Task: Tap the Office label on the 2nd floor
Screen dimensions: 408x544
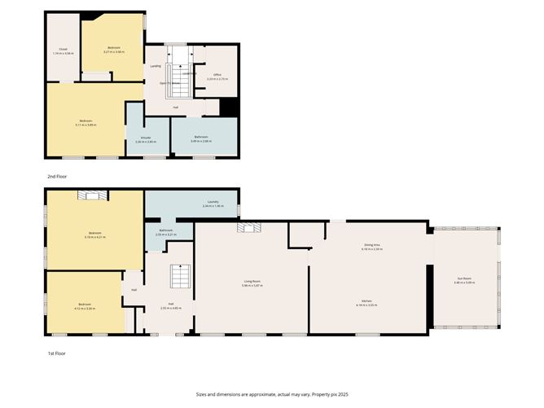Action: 217,77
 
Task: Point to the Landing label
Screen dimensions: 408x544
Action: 155,66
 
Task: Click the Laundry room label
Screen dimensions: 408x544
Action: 213,204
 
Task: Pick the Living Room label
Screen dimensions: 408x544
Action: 251,283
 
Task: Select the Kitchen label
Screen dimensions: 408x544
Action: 367,301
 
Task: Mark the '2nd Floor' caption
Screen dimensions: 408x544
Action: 57,176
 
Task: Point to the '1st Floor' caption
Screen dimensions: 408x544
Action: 56,353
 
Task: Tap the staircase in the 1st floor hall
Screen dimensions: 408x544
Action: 179,279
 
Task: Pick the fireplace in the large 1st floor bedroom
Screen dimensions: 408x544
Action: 92,195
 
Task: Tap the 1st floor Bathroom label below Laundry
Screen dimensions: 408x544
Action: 166,232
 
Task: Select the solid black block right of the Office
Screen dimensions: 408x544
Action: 229,107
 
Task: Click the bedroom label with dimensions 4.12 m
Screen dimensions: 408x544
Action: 85,308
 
